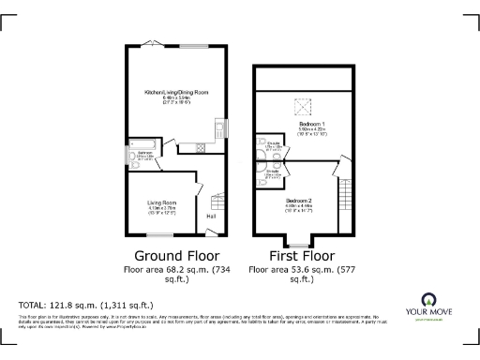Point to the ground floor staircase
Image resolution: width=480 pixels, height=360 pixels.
coord(217,202)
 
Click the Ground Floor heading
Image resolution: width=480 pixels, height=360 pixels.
coord(177,255)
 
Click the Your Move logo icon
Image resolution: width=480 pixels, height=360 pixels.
coord(432,301)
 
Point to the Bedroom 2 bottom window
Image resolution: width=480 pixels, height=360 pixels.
coord(298,245)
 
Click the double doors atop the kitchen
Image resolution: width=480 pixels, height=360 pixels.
coord(157,44)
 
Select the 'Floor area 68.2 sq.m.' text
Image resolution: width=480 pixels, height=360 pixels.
coord(177,269)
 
